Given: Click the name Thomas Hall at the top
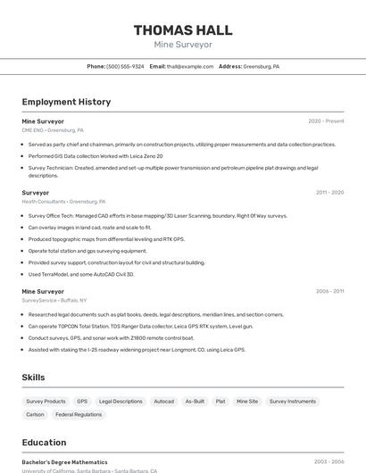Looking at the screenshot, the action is coord(183,30).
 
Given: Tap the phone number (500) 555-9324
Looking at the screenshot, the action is coord(125,66).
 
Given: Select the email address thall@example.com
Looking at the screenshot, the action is coord(189,66).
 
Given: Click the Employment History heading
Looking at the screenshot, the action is coord(66,102).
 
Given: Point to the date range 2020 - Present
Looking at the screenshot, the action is coord(326,121).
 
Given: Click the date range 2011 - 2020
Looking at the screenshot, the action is coord(329,193).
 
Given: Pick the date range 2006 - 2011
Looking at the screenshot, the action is coord(329,292).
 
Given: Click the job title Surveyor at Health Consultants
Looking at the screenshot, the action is coord(36,193).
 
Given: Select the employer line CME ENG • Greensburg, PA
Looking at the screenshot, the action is coord(53,130).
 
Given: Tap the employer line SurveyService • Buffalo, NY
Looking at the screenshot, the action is coord(54,301).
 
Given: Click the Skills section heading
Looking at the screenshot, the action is coord(34,378).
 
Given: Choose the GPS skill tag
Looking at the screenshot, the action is coord(82,402).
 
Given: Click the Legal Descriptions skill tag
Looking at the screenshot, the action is coord(121,402).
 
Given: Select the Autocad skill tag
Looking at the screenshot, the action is coord(164,402).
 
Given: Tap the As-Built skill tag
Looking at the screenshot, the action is coord(195,402).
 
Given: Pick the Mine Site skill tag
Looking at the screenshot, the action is coord(247,402).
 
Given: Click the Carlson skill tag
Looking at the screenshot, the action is coord(35,414).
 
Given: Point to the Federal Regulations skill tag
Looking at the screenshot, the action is coord(79,414).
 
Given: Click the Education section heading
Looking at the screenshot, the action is coord(44,443).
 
